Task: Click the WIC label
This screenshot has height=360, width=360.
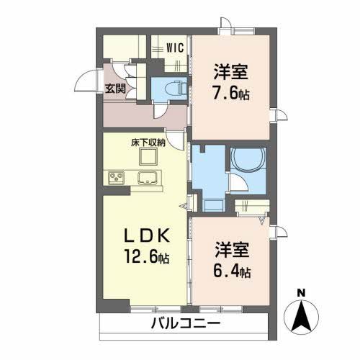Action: point(176,48)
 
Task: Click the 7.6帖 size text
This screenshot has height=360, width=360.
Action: point(230,94)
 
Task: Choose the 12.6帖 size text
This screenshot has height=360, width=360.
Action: point(145,257)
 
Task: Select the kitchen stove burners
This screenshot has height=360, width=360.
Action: point(115,177)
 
